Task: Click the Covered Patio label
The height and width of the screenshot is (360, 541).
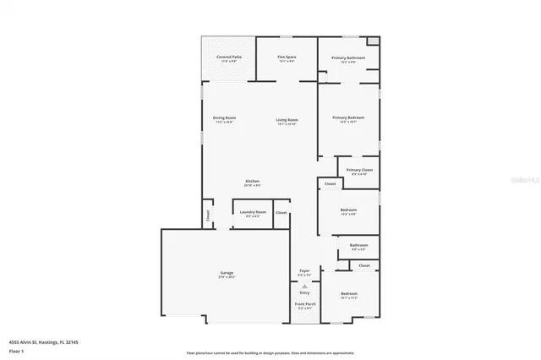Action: [228, 57]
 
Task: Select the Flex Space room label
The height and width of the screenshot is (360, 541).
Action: [287, 57]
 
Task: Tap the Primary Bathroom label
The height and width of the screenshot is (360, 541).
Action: [347, 57]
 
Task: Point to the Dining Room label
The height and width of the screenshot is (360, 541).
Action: [224, 118]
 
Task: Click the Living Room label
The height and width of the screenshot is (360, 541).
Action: [287, 119]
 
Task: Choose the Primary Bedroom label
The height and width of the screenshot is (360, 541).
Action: [347, 117]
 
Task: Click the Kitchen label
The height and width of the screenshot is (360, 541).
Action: [252, 181]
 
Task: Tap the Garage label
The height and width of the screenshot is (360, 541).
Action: [227, 272]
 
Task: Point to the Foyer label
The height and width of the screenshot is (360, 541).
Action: [304, 271]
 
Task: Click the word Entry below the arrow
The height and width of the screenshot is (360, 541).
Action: [304, 292]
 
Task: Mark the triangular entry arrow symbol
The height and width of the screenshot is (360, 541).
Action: [304, 286]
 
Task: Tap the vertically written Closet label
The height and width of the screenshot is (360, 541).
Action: [208, 215]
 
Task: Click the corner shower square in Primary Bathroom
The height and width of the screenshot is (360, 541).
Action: [374, 41]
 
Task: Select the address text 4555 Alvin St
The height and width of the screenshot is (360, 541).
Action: [29, 342]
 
